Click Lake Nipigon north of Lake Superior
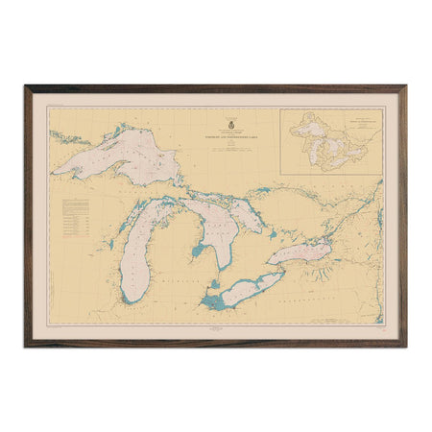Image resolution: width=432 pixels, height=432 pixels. coord(122,129)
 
